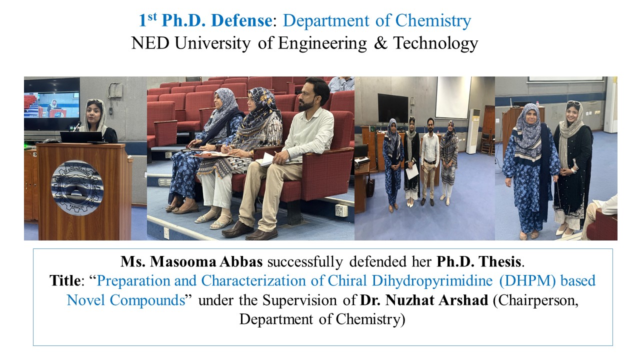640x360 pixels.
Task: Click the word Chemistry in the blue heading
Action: [x=433, y=21]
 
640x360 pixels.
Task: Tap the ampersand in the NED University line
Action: [x=380, y=43]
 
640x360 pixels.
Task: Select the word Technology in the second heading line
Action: [x=435, y=44]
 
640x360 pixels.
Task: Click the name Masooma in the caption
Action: [x=183, y=261]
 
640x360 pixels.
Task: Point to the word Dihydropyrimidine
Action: [x=432, y=281]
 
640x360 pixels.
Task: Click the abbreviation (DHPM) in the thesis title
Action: [x=527, y=281]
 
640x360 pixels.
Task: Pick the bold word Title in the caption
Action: [x=65, y=280]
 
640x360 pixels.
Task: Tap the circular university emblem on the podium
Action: [x=77, y=187]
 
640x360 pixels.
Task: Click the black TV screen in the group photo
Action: [x=393, y=108]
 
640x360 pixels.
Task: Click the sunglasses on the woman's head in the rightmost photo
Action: [x=573, y=103]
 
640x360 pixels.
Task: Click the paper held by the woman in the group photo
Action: [x=412, y=171]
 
